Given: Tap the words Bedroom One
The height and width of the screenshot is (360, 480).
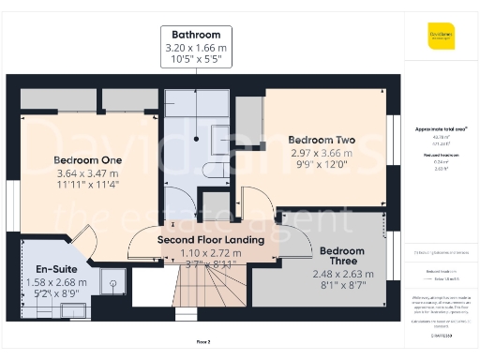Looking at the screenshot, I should tap(87, 159).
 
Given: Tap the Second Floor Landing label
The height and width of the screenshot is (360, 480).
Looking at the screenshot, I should tap(210, 240).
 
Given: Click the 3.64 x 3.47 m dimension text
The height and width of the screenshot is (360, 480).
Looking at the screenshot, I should tap(87, 173).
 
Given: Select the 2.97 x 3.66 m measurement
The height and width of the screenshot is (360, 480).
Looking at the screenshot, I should tap(322, 153).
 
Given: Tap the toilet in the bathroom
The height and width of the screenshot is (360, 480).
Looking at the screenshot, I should tap(212, 170).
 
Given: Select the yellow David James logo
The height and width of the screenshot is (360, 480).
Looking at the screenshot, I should tap(441, 37).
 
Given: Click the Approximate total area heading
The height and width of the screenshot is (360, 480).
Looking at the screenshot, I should tap(441, 128).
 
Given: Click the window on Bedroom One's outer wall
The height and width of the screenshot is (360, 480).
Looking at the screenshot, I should tap(12, 202).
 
